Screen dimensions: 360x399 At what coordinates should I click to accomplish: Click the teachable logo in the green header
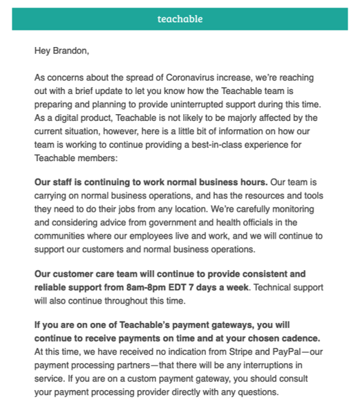click(180, 19)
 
